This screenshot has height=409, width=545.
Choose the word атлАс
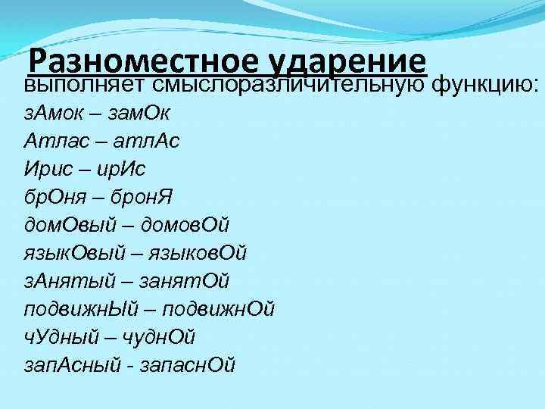(x=148, y=142)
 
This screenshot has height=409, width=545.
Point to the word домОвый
(x=70, y=226)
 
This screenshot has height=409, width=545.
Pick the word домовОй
(x=184, y=226)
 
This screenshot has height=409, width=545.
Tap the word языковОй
(x=194, y=254)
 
